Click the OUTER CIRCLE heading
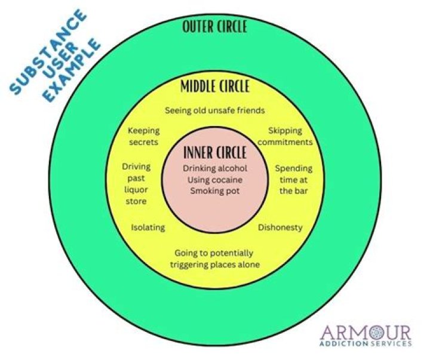point(215,27)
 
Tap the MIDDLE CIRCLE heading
point(214,87)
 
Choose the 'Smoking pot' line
point(214,190)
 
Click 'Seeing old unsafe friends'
point(214,110)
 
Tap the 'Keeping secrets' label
point(143,136)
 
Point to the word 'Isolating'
point(148,227)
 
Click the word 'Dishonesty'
point(279,227)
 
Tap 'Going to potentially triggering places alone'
point(214,259)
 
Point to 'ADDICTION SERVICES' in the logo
point(365,344)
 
